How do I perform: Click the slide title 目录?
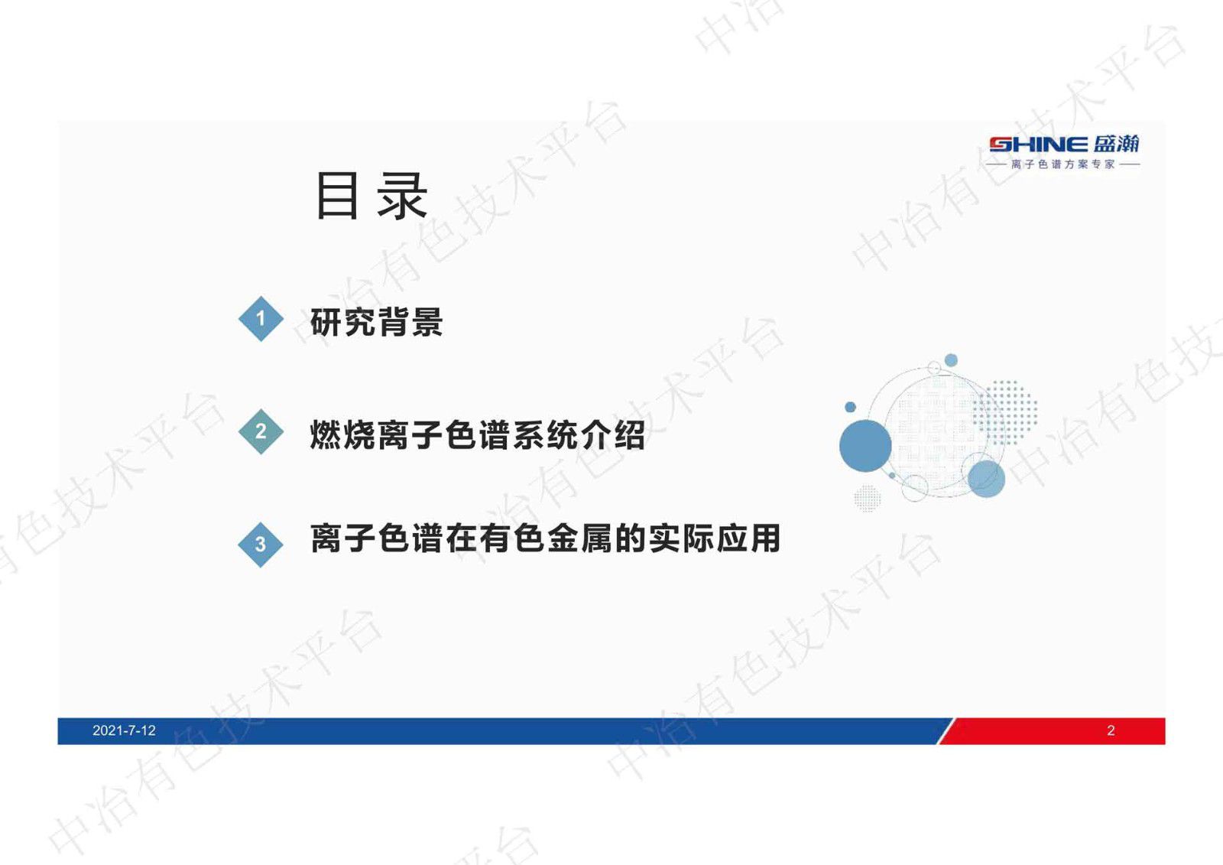point(371,197)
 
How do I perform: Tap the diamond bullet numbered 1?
point(261,318)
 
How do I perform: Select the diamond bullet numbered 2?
point(261,431)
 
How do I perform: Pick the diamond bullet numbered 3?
point(261,544)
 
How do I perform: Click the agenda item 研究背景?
point(376,322)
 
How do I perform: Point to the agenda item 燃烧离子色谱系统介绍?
point(477,435)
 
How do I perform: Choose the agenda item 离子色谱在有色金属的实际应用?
point(545,538)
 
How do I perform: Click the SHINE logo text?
point(1038,145)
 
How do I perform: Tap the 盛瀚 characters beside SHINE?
point(1116,144)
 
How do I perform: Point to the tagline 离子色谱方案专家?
point(1062,164)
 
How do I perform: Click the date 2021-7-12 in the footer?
point(124,730)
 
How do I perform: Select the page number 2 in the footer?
point(1111,730)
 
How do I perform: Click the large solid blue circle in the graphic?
point(865,445)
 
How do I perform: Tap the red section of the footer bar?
point(1055,730)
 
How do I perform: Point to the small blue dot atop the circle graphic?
point(951,360)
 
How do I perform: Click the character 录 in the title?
point(402,197)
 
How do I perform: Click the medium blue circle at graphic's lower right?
point(986,478)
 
